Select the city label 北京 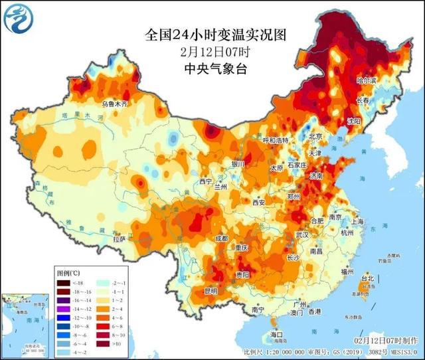315,137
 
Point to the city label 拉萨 120,238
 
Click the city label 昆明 211,291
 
